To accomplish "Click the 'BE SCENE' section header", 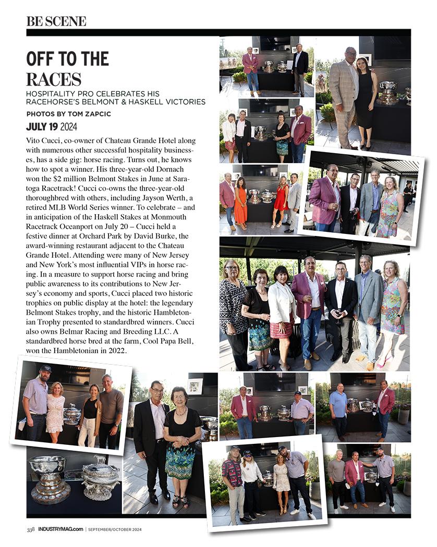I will [x=56, y=21].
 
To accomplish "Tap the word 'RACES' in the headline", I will [x=54, y=79].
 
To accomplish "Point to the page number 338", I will [x=31, y=530].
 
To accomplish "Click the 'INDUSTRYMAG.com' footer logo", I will [x=60, y=530].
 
